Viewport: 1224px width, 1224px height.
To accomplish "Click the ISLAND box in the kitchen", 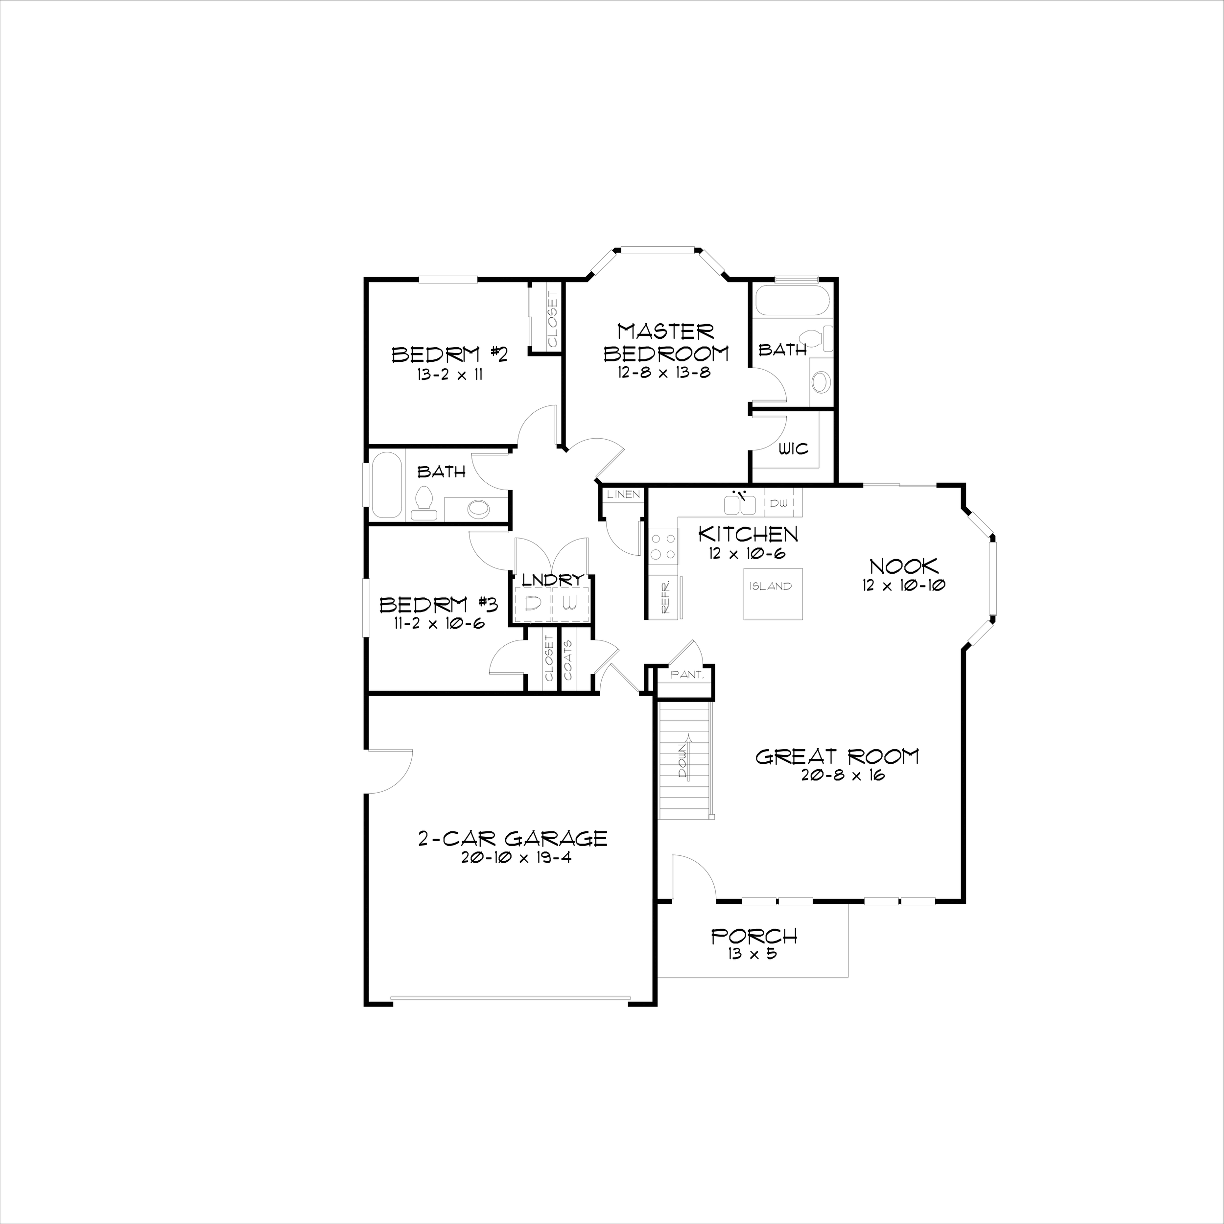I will pyautogui.click(x=770, y=593).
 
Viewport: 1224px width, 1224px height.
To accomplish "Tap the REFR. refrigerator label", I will pyautogui.click(x=666, y=597).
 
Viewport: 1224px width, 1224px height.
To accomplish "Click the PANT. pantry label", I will pyautogui.click(x=687, y=675).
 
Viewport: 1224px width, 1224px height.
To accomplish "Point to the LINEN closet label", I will pyautogui.click(x=623, y=494).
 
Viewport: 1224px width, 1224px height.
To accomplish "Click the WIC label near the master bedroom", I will pyautogui.click(x=793, y=449).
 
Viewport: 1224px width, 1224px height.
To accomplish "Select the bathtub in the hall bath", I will pyautogui.click(x=386, y=485).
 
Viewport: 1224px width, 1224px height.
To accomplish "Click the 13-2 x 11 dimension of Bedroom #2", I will pyautogui.click(x=449, y=375).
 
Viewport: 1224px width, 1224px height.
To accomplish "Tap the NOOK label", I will pyautogui.click(x=903, y=566).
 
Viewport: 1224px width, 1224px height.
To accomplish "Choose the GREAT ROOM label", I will pyautogui.click(x=837, y=756).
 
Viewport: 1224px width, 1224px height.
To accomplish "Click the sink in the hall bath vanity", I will pyautogui.click(x=478, y=509).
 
